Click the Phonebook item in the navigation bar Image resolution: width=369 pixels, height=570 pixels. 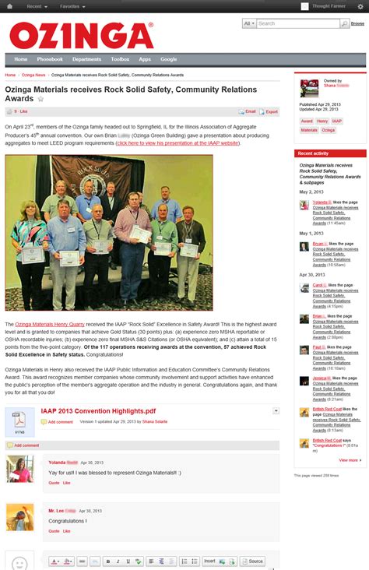(x=50, y=59)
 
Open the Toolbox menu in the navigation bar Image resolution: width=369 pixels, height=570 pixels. (x=120, y=59)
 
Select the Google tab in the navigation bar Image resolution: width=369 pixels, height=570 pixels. (x=169, y=59)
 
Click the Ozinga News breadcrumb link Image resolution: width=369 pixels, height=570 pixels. (x=33, y=75)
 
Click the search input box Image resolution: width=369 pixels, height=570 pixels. (x=298, y=23)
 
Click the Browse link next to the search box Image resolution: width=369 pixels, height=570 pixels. (x=357, y=24)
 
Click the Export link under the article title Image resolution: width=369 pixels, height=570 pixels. (x=269, y=111)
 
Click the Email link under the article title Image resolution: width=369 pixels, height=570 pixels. (x=248, y=111)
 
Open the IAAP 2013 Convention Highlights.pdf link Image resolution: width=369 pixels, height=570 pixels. (x=98, y=411)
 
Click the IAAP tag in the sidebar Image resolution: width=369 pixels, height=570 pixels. (x=336, y=121)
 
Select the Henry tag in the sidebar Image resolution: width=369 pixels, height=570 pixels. (x=322, y=121)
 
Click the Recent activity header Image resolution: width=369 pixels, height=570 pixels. (x=313, y=153)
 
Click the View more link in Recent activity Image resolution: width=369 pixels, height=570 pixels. (x=349, y=460)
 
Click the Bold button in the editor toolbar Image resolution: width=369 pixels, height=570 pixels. (x=107, y=561)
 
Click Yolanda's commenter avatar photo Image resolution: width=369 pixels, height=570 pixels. (x=19, y=469)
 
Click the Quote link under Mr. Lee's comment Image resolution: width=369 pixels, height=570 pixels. (x=54, y=530)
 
